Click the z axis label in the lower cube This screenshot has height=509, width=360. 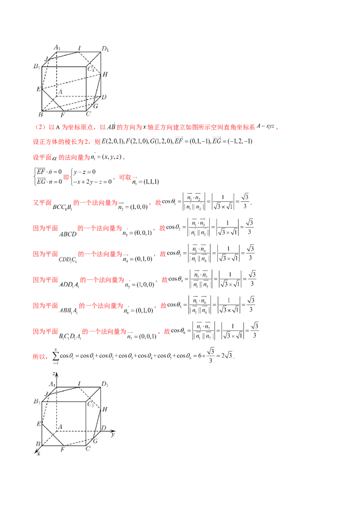[x=54, y=374]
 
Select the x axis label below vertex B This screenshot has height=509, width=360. [x=39, y=454]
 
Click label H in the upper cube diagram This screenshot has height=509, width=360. [x=105, y=74]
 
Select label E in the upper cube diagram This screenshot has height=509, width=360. [x=39, y=89]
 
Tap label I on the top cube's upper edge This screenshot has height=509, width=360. [x=79, y=48]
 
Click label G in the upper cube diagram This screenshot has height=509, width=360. [x=95, y=106]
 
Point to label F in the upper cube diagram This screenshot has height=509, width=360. [x=62, y=115]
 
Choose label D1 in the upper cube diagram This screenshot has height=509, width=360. [x=105, y=49]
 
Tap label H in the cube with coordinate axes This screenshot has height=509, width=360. [x=105, y=409]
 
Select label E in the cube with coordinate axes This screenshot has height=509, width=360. [x=39, y=424]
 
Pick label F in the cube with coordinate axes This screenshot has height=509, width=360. [x=62, y=450]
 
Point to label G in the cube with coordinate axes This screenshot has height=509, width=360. [x=95, y=441]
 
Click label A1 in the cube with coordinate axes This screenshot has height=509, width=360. [x=52, y=384]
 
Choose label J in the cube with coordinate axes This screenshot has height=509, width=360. [x=46, y=394]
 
